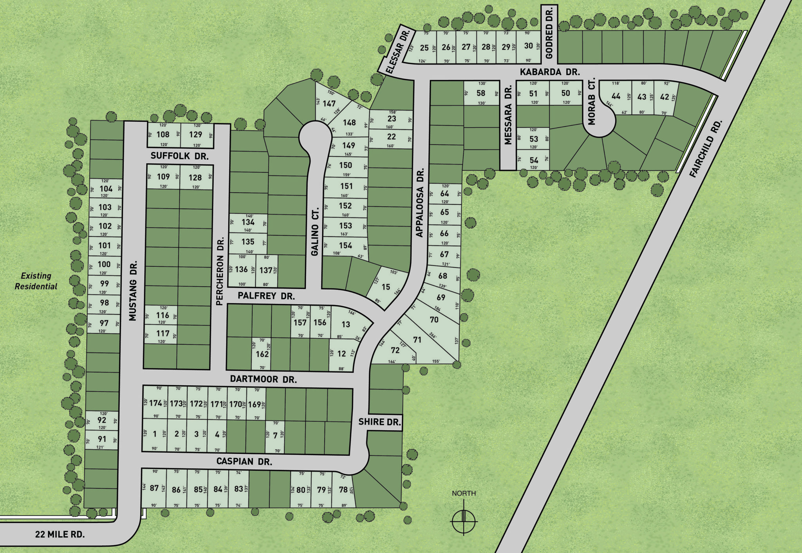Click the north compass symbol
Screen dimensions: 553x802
pos(464,521)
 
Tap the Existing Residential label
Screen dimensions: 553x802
pos(36,281)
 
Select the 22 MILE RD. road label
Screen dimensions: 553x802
pos(60,534)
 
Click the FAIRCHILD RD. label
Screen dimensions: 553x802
pos(706,149)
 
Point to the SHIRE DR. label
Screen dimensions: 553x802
pos(379,422)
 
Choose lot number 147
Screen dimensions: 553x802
pos(329,103)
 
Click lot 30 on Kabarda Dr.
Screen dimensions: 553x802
pos(528,46)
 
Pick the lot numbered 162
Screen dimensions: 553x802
pos(262,354)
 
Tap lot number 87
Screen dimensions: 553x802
pos(154,488)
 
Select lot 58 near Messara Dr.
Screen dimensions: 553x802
pos(481,93)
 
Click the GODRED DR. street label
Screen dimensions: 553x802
pos(549,33)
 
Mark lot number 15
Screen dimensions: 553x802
pos(386,287)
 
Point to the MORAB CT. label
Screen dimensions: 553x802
pos(591,101)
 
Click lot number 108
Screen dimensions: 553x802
pos(163,134)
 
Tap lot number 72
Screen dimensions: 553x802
pos(395,350)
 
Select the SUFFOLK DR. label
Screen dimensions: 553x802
pos(179,156)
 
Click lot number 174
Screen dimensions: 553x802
pos(155,403)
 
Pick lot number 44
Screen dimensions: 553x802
pos(616,96)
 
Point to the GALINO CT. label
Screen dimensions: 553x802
pos(315,232)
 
